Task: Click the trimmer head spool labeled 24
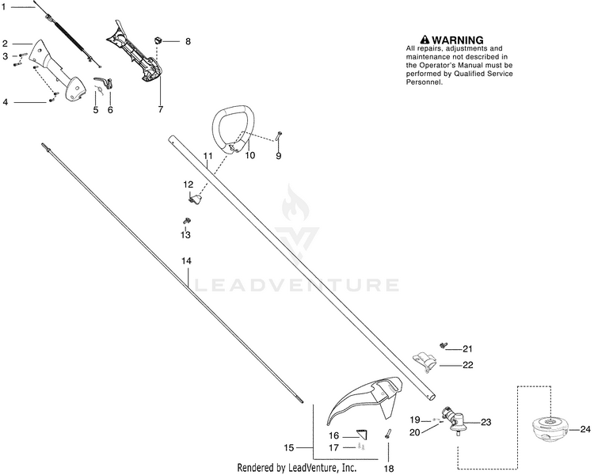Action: coord(550,429)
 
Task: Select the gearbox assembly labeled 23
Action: coord(456,420)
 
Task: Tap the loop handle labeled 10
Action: coord(232,129)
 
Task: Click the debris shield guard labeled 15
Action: coord(364,401)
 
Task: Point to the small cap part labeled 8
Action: coord(158,40)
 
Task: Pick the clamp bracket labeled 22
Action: coord(425,361)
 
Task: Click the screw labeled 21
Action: coord(443,345)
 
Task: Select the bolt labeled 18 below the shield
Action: coord(388,433)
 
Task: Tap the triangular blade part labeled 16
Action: coord(363,434)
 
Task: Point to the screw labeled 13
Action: coord(186,220)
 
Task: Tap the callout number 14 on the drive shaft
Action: coord(186,261)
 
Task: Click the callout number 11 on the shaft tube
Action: coord(208,156)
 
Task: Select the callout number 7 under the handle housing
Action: coord(161,109)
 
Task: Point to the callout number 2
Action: coord(5,44)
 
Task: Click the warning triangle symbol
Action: coord(425,40)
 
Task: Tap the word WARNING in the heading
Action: coord(458,40)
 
